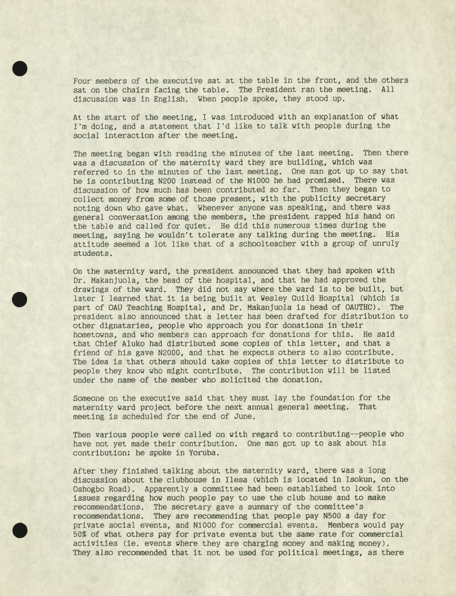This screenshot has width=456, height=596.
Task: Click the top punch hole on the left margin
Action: point(20,69)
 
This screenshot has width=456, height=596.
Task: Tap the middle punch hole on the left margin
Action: point(20,299)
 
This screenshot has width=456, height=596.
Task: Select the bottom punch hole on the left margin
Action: point(20,530)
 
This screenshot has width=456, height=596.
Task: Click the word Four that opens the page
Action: point(82,81)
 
